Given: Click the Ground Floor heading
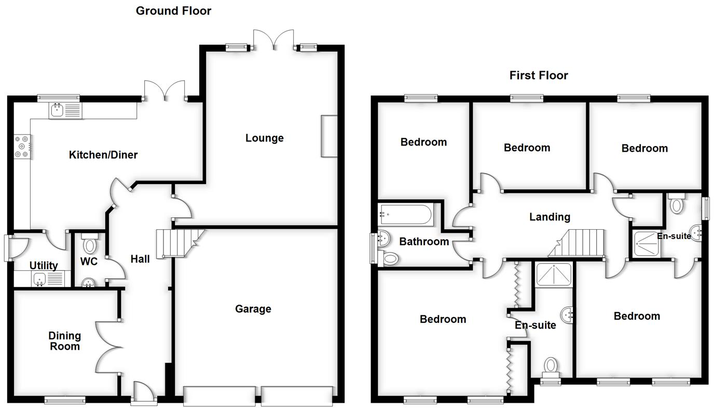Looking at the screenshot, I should [x=173, y=11].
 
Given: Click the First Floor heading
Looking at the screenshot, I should [x=539, y=75].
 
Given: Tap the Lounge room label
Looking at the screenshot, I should [x=265, y=138].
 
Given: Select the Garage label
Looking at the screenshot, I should [x=253, y=309].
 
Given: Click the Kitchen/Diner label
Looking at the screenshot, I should [x=103, y=154].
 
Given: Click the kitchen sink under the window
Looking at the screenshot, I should [x=65, y=110].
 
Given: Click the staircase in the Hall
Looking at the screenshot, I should [x=179, y=243].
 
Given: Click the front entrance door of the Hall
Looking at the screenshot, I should [x=144, y=392].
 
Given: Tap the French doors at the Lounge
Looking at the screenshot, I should [x=273, y=39].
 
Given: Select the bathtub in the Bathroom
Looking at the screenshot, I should [x=405, y=214].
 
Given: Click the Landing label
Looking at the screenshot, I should [x=550, y=217].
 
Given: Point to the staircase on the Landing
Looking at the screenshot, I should [x=580, y=243].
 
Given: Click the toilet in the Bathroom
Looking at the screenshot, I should [x=391, y=258].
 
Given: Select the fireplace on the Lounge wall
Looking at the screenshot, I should [x=329, y=136].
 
